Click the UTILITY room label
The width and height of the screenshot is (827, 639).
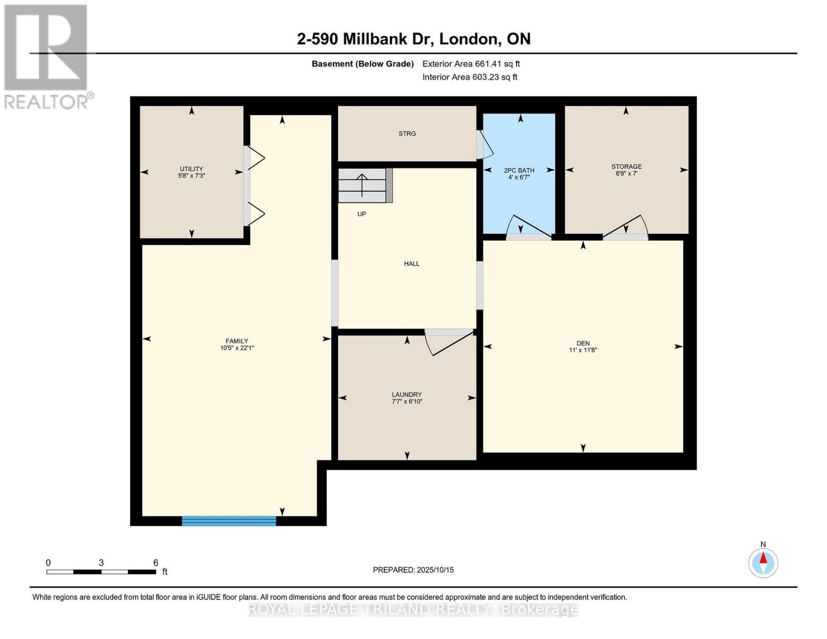191,169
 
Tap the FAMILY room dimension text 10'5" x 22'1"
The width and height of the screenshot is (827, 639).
237,348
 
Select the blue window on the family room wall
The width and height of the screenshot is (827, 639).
229,521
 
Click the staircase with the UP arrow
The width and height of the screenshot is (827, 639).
363,185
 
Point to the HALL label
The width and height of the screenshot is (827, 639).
412,264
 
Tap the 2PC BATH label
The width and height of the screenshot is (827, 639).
519,170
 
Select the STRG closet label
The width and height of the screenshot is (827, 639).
407,134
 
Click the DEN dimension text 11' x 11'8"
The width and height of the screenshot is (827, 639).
583,350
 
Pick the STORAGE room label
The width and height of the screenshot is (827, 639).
626,167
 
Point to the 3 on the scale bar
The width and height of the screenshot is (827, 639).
101,563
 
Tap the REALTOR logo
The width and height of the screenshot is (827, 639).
46,56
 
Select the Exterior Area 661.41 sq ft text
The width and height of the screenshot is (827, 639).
471,64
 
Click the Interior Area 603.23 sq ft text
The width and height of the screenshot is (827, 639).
470,77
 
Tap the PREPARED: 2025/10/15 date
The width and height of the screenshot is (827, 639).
413,570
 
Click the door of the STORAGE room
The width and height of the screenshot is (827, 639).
626,228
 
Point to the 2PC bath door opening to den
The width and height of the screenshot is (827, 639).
528,228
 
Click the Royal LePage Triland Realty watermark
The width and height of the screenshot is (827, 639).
413,609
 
